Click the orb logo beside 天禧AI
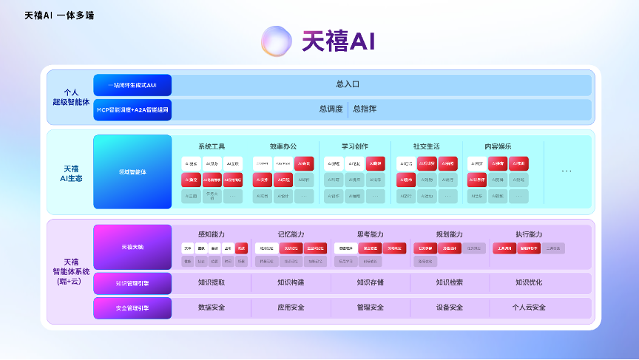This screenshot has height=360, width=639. click(x=277, y=41)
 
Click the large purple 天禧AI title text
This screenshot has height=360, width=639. click(x=338, y=41)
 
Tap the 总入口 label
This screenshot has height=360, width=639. click(x=348, y=85)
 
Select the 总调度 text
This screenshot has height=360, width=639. click(x=331, y=109)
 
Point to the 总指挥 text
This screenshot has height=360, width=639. click(x=365, y=109)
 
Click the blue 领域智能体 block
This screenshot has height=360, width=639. click(x=132, y=171)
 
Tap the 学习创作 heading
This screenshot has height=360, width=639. click(x=354, y=146)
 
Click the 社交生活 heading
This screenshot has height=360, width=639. click(x=426, y=146)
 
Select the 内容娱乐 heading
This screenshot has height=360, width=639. click(x=497, y=146)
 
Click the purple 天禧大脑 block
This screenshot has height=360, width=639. click(x=132, y=246)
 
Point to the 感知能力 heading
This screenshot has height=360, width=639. click(x=211, y=234)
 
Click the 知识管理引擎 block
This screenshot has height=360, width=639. click(x=132, y=282)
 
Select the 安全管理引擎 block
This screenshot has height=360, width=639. click(x=132, y=308)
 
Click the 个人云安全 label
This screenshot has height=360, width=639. click(x=529, y=308)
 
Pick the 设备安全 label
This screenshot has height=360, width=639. click(x=450, y=308)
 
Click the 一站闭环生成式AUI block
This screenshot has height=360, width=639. click(x=132, y=85)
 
